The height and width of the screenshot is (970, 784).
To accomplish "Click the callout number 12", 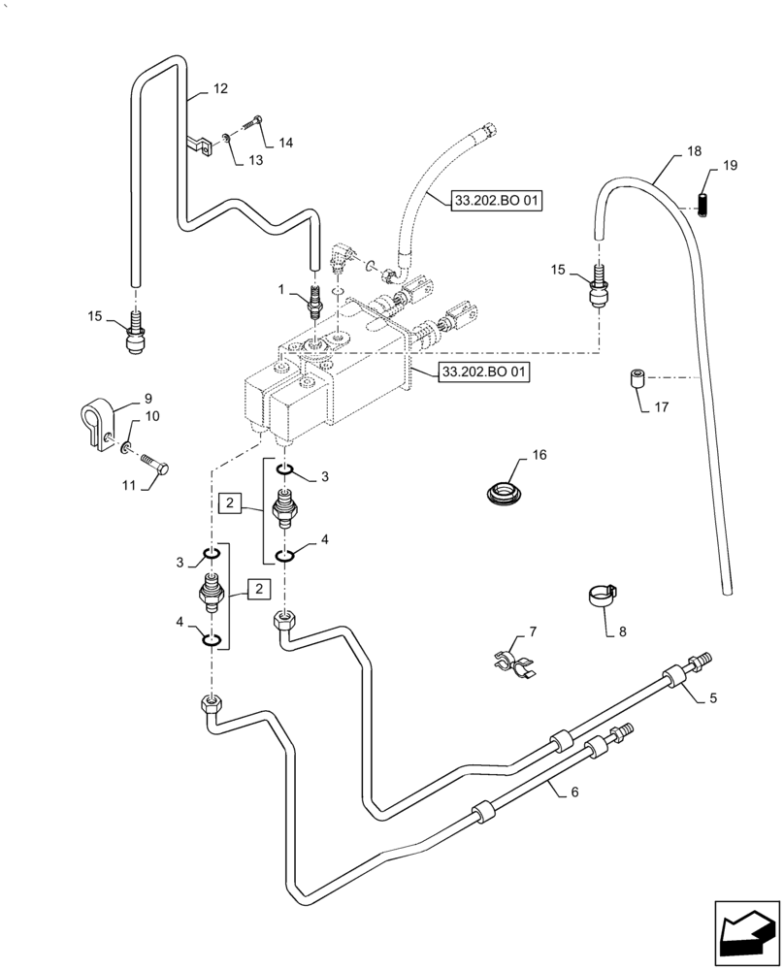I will point(220,89).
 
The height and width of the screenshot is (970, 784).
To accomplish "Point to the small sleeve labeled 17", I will point(637,377).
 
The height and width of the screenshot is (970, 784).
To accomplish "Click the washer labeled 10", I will point(127,447).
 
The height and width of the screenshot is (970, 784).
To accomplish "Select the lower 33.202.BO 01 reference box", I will point(484,372).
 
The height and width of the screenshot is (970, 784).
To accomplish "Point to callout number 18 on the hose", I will point(693,152).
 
